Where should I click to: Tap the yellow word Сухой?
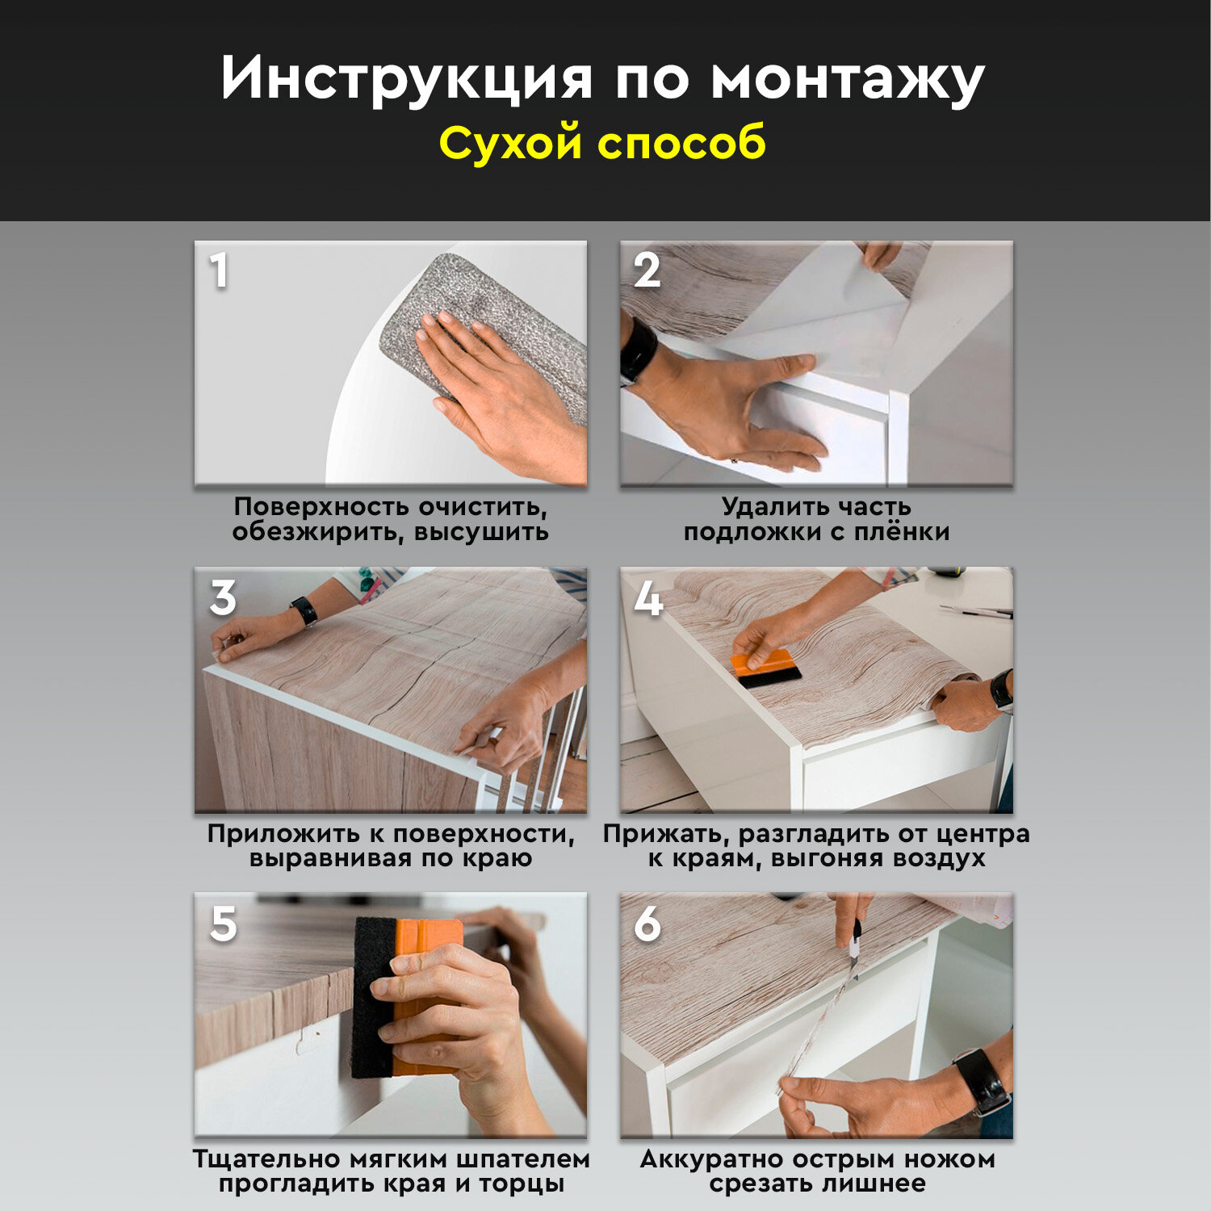(510, 144)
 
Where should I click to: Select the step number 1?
(219, 270)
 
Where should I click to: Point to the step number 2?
(647, 270)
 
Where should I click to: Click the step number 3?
(224, 597)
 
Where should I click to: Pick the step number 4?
(648, 599)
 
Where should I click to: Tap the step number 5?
(224, 924)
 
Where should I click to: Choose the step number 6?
(647, 924)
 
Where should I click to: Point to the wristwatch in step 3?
(304, 611)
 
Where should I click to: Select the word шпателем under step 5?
(522, 1160)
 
